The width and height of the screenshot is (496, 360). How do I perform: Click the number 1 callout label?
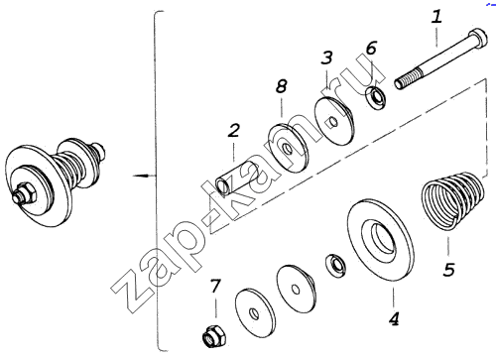[436, 17]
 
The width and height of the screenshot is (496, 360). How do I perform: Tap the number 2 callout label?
[234, 130]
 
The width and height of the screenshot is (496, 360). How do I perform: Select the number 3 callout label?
[326, 58]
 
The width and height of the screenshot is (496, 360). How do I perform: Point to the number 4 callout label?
[394, 318]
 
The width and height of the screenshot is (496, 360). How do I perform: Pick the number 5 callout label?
[449, 270]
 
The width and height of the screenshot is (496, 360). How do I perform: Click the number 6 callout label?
[371, 48]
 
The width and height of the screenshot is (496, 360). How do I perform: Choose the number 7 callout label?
[215, 286]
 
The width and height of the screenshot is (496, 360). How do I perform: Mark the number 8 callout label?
[281, 86]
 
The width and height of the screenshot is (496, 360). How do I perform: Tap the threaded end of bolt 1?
[408, 79]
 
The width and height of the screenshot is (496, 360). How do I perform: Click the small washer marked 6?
[376, 96]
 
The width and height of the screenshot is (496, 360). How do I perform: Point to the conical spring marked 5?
[453, 200]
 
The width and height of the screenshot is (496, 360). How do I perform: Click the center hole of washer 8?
[288, 150]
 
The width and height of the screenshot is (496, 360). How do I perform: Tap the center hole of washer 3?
[333, 122]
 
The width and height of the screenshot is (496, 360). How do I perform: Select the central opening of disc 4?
[383, 239]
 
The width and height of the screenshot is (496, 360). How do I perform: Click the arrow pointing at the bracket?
[143, 175]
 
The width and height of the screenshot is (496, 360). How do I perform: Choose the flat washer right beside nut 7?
[255, 313]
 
